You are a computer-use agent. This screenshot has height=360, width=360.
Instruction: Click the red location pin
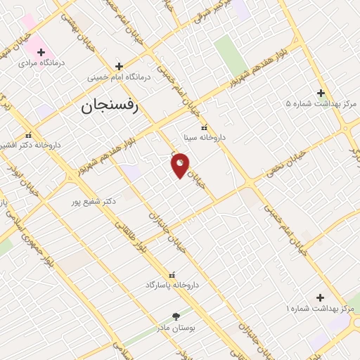pyautogui.click(x=180, y=165)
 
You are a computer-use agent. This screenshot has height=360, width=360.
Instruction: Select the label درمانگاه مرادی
pyautogui.click(x=41, y=63)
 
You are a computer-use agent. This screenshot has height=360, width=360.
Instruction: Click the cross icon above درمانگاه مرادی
pyautogui.click(x=41, y=52)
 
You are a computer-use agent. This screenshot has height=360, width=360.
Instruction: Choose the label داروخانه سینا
pyautogui.click(x=204, y=138)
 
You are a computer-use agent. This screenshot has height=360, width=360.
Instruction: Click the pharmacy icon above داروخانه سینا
pyautogui.click(x=204, y=128)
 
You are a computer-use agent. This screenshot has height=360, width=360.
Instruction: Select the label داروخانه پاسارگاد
pyautogui.click(x=172, y=285)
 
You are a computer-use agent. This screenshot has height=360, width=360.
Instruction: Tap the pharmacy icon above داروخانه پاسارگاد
pyautogui.click(x=172, y=274)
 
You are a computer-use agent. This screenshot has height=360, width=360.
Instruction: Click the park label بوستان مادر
pyautogui.click(x=176, y=326)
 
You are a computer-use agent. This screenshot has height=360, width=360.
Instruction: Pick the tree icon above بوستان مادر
pyautogui.click(x=176, y=316)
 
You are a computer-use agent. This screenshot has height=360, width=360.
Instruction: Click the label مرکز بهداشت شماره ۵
pyautogui.click(x=321, y=103)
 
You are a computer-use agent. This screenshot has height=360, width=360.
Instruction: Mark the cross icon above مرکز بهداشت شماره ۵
pyautogui.click(x=321, y=93)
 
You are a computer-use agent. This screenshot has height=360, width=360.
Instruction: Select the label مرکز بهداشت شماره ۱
pyautogui.click(x=321, y=309)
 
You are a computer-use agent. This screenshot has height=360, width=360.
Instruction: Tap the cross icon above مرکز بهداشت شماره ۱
pyautogui.click(x=321, y=298)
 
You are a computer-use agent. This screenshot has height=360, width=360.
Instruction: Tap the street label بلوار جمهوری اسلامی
pyautogui.click(x=28, y=226)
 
